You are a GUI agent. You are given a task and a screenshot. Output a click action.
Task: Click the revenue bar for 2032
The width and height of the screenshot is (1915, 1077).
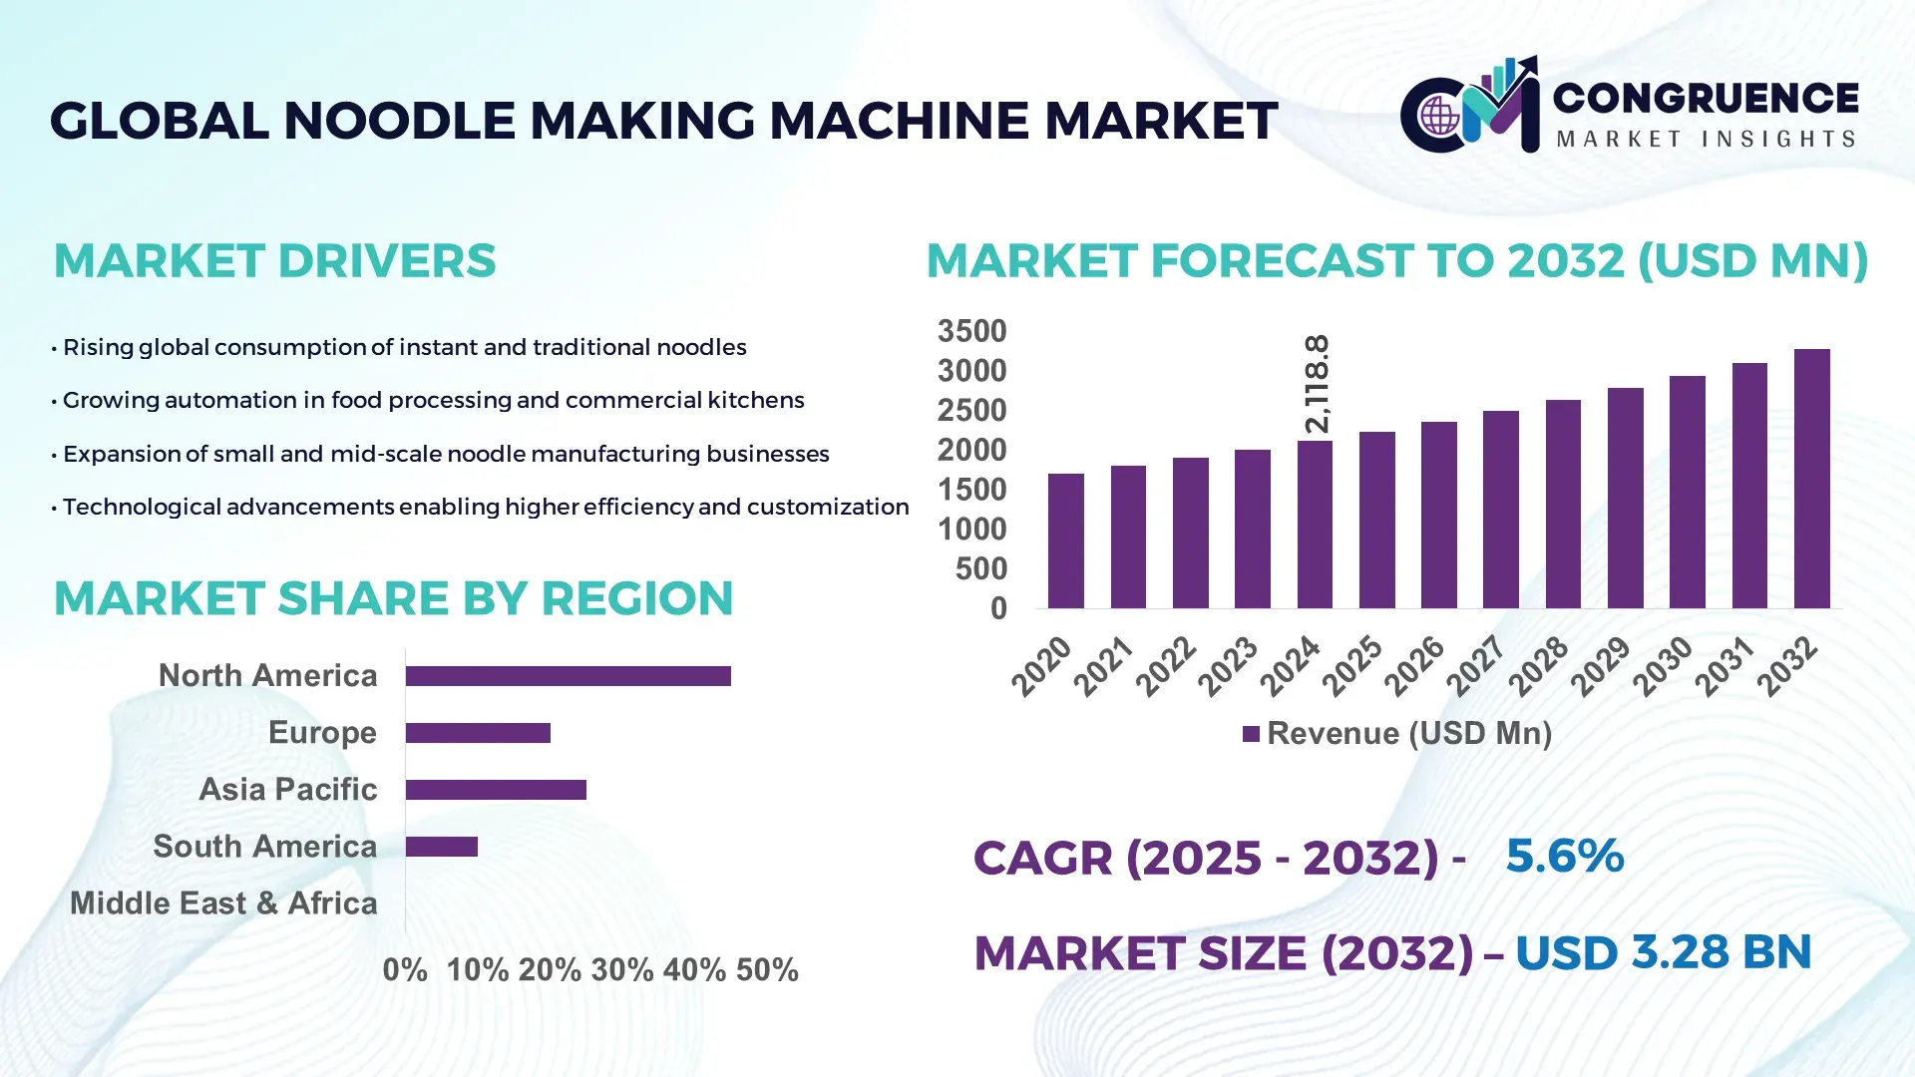[x=1811, y=479]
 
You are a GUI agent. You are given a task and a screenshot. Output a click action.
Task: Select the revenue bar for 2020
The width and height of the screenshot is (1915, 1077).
[x=1065, y=540]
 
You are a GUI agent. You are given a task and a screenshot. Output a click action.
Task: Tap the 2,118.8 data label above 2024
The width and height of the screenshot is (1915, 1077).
[x=1317, y=384]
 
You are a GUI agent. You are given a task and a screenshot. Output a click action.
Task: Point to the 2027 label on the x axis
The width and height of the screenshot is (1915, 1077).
[x=1475, y=665]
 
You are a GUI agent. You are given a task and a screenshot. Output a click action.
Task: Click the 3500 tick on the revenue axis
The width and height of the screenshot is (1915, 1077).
[x=971, y=331]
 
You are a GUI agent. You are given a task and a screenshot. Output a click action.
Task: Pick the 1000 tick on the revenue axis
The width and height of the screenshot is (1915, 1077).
[x=971, y=530]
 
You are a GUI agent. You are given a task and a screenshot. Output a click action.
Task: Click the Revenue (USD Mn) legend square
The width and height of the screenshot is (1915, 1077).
[x=1251, y=734]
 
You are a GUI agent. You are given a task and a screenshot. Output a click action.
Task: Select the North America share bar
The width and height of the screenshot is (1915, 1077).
[x=568, y=676]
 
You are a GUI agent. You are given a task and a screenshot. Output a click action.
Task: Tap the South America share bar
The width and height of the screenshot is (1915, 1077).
[x=441, y=847]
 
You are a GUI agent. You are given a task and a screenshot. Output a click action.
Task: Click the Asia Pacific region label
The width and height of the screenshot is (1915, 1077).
[x=287, y=790]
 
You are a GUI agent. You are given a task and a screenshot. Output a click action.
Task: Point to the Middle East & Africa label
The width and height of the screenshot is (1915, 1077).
[x=223, y=903]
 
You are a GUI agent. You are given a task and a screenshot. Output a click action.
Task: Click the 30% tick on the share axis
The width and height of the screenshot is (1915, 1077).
[x=622, y=970]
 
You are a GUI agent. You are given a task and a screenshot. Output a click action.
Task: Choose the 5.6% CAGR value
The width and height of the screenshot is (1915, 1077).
[x=1564, y=856]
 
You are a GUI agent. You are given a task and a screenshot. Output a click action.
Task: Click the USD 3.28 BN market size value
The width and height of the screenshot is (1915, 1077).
[x=1663, y=952]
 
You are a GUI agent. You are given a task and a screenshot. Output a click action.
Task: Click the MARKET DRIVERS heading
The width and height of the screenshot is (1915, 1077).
[x=274, y=261]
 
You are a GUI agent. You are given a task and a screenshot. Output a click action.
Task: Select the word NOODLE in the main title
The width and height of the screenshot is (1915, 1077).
[x=399, y=121]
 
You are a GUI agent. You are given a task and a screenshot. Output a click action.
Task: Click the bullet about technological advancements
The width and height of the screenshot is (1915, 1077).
[x=485, y=507]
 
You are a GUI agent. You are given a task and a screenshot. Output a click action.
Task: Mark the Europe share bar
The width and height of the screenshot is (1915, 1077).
[x=478, y=733]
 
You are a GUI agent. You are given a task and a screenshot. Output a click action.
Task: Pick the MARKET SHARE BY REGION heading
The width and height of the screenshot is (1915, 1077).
[x=393, y=599]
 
